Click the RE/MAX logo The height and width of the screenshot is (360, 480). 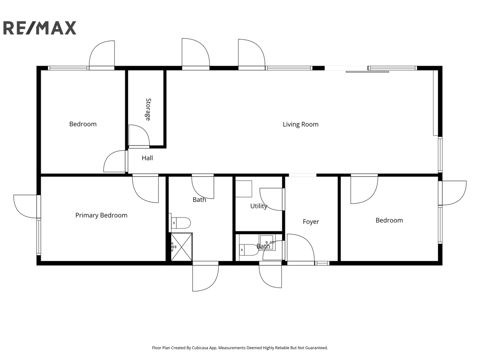click(x=40, y=28)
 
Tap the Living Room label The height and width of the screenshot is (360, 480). click(x=300, y=124)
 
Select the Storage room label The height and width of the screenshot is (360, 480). click(x=148, y=109)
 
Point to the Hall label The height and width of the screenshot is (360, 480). click(x=147, y=158)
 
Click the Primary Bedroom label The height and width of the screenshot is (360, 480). click(x=101, y=215)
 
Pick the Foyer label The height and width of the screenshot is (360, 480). click(x=311, y=222)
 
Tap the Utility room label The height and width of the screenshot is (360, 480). click(x=259, y=206)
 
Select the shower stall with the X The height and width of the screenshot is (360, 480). click(x=182, y=247)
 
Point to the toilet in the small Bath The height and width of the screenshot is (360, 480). click(x=249, y=250)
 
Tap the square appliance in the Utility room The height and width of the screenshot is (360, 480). click(x=244, y=189)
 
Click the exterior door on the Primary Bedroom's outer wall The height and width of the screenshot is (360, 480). click(x=25, y=206)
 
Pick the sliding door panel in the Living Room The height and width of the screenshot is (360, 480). click(x=367, y=72)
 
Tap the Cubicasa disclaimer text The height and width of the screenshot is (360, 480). click(x=240, y=348)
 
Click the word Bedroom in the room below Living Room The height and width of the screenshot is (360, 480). click(x=389, y=220)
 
